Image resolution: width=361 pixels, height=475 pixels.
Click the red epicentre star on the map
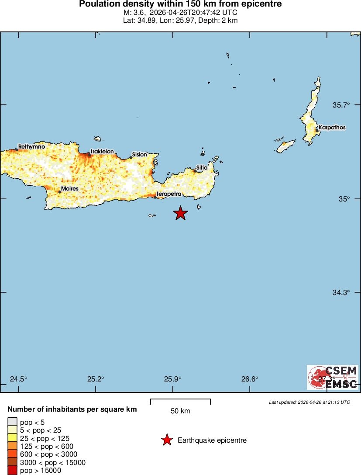pos(180,213)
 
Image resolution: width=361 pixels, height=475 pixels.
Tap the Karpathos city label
pos(332,128)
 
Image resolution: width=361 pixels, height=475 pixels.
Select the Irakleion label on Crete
pos(102,152)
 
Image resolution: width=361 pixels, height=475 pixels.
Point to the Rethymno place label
pos(31,147)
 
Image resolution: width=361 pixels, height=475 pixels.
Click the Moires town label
pos(70,189)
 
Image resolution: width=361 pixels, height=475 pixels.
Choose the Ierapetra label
pos(168,194)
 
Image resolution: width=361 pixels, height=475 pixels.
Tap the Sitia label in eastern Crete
pos(202,167)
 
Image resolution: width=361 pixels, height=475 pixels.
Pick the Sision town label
pos(139,154)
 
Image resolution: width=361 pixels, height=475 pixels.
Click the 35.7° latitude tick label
pos(341,105)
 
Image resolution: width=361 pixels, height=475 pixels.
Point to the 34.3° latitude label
pos(341,292)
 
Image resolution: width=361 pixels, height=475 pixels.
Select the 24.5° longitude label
pos(19,379)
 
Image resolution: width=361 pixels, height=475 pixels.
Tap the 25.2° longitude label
pos(96,379)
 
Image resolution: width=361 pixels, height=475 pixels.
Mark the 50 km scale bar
pos(180,402)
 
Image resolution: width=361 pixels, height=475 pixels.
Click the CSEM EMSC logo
pos(333,377)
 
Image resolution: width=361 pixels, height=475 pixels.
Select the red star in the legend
pos(167,440)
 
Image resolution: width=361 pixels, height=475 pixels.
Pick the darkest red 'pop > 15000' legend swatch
pos(12,470)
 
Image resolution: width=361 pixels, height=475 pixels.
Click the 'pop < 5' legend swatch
pos(12,422)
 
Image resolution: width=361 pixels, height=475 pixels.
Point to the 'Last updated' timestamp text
pos(309,402)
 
